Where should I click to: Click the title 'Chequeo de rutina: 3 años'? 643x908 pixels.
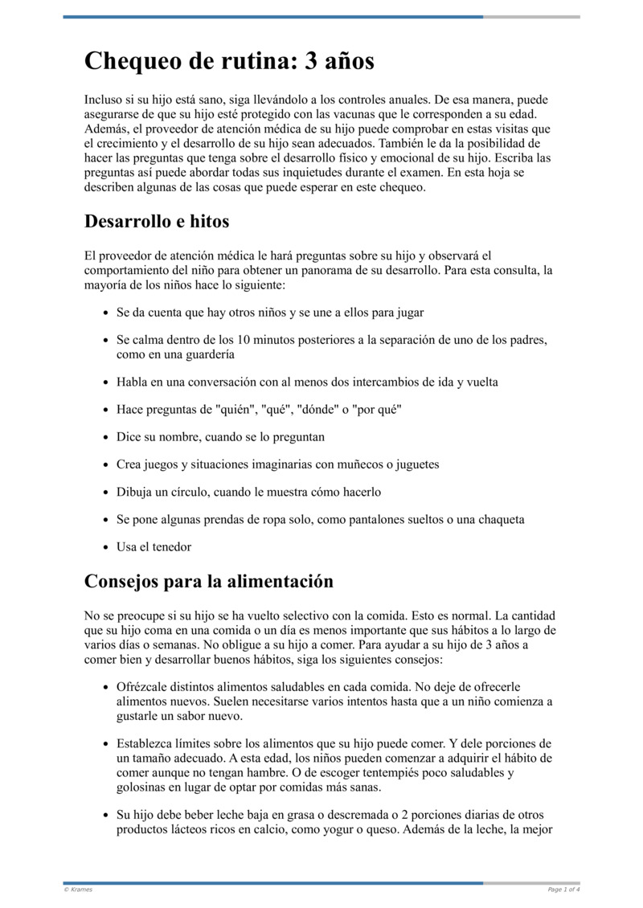(229, 61)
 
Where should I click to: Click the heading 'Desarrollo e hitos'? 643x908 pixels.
(157, 221)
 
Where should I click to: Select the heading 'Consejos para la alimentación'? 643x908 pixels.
(208, 580)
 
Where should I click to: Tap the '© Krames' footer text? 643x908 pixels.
(78, 890)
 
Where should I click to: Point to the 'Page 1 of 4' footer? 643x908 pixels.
(563, 890)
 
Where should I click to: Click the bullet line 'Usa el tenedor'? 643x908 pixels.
(154, 547)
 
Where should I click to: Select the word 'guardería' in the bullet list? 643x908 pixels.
(208, 354)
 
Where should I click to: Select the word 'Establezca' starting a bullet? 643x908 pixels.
(147, 743)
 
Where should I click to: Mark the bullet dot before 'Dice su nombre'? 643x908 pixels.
(106, 438)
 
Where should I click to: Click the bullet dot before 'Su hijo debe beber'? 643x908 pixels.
(106, 815)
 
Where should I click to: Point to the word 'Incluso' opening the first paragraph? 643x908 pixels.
(104, 100)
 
